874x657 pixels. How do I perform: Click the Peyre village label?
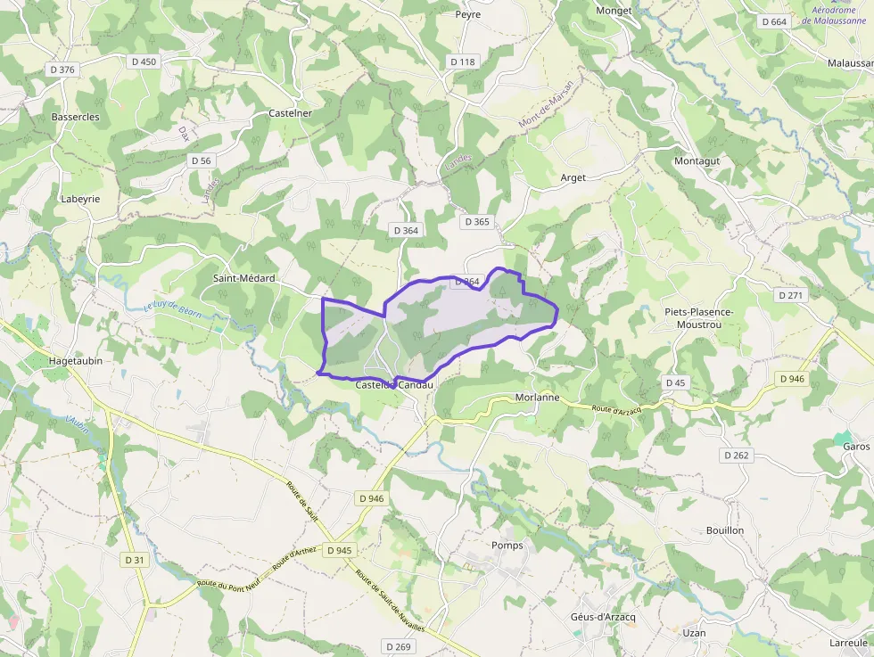point(467,14)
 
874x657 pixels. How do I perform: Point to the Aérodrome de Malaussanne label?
point(834,14)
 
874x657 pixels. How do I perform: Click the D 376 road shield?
point(62,69)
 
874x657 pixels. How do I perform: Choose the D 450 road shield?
point(143,62)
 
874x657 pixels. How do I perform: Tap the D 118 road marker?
point(463,62)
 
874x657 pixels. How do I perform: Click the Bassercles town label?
point(75,117)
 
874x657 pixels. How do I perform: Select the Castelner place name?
point(290,113)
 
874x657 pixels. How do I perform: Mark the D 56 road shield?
point(202,160)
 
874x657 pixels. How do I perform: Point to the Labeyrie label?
point(80,199)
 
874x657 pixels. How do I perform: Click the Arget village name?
point(573,177)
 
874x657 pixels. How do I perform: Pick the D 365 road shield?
point(477,221)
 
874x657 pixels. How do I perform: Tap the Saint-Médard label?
point(243,278)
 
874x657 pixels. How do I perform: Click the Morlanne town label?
point(537,398)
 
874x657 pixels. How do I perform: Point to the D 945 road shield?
point(340,550)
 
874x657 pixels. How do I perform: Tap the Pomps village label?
point(507,545)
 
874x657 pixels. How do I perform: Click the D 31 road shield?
point(135,560)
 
